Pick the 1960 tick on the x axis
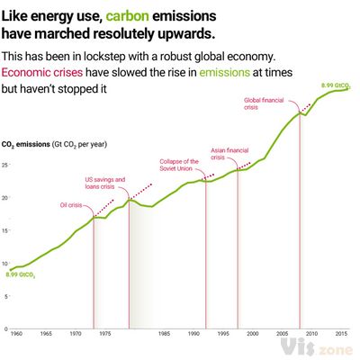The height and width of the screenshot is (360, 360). tap(15, 333)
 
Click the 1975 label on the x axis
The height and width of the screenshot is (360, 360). tap(105, 333)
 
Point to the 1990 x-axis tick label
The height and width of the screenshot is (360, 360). tap(193, 333)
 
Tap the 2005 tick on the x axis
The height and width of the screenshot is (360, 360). tap(283, 333)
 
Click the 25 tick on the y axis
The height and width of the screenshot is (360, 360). tap(5, 166)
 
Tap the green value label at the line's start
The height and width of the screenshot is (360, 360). tap(20, 274)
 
